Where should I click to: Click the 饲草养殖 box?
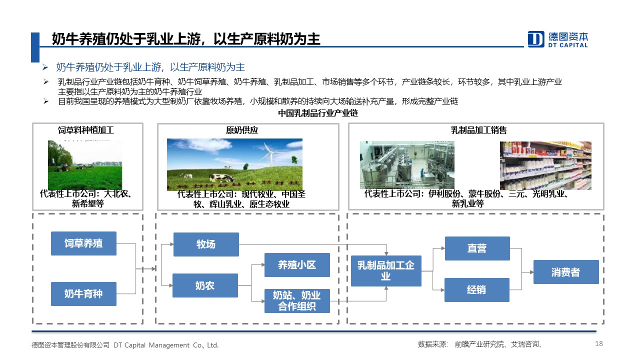click(83, 243)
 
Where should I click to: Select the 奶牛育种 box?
click(83, 293)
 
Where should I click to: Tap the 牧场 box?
click(206, 244)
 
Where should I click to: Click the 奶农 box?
click(205, 285)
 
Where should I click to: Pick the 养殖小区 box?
click(297, 265)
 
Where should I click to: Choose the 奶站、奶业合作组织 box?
click(297, 301)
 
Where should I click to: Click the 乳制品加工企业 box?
click(386, 271)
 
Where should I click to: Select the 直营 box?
click(477, 248)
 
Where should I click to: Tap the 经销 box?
click(477, 289)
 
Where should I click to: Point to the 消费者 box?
click(566, 272)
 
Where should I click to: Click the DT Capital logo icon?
click(535, 39)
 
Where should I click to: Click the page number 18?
click(599, 343)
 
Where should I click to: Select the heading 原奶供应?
click(242, 130)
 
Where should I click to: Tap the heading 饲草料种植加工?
click(86, 130)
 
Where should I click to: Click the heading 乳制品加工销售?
click(479, 130)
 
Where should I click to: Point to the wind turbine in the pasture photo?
click(269, 154)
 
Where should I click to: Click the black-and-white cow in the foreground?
click(222, 178)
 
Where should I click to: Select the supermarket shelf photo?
click(545, 165)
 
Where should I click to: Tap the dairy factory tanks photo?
click(407, 165)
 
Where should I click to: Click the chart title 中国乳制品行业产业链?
click(318, 113)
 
